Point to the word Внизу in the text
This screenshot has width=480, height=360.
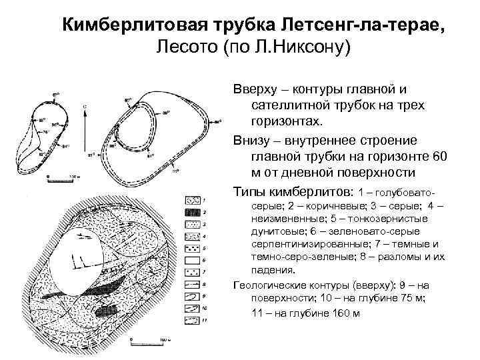click(x=254, y=140)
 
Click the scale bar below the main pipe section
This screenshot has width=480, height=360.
click(x=153, y=344)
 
